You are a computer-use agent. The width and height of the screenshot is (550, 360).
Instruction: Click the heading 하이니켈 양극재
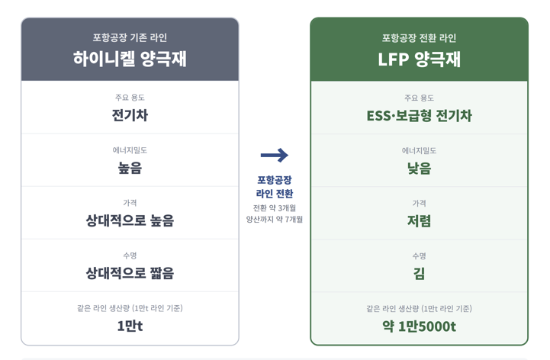(x=130, y=59)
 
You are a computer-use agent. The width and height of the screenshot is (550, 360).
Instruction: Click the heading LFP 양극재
(x=419, y=59)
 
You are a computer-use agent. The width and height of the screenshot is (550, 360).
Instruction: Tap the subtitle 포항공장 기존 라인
(x=130, y=37)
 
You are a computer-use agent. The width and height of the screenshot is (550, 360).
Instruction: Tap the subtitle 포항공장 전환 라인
(x=419, y=38)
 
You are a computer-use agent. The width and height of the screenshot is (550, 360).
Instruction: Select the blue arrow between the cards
(x=275, y=155)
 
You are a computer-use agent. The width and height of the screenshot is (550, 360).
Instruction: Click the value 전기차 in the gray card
(x=130, y=115)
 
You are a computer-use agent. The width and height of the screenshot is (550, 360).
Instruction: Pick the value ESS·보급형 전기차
(x=419, y=116)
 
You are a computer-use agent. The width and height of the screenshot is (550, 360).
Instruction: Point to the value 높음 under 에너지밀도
(x=130, y=168)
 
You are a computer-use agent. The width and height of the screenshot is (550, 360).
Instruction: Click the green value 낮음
(x=419, y=169)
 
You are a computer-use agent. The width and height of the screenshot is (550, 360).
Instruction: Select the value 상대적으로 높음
(x=130, y=220)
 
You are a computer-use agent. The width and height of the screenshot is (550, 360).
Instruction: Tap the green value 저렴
(x=419, y=221)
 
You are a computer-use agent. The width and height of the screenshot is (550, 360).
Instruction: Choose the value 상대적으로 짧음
(x=130, y=273)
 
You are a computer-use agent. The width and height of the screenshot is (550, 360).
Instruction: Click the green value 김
(x=419, y=274)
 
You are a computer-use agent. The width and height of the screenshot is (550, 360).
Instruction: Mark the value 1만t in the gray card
(x=130, y=326)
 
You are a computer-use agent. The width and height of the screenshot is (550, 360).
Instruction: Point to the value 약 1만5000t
(x=419, y=326)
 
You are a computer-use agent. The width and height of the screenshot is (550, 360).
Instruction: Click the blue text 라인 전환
(x=275, y=194)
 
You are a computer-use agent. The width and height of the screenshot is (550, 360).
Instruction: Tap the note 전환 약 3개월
(x=275, y=208)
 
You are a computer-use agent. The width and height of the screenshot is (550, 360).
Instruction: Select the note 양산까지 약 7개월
(x=275, y=220)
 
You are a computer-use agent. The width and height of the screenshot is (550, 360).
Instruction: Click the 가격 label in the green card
(x=419, y=203)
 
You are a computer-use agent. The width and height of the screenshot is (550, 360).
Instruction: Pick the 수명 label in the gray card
(x=130, y=256)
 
